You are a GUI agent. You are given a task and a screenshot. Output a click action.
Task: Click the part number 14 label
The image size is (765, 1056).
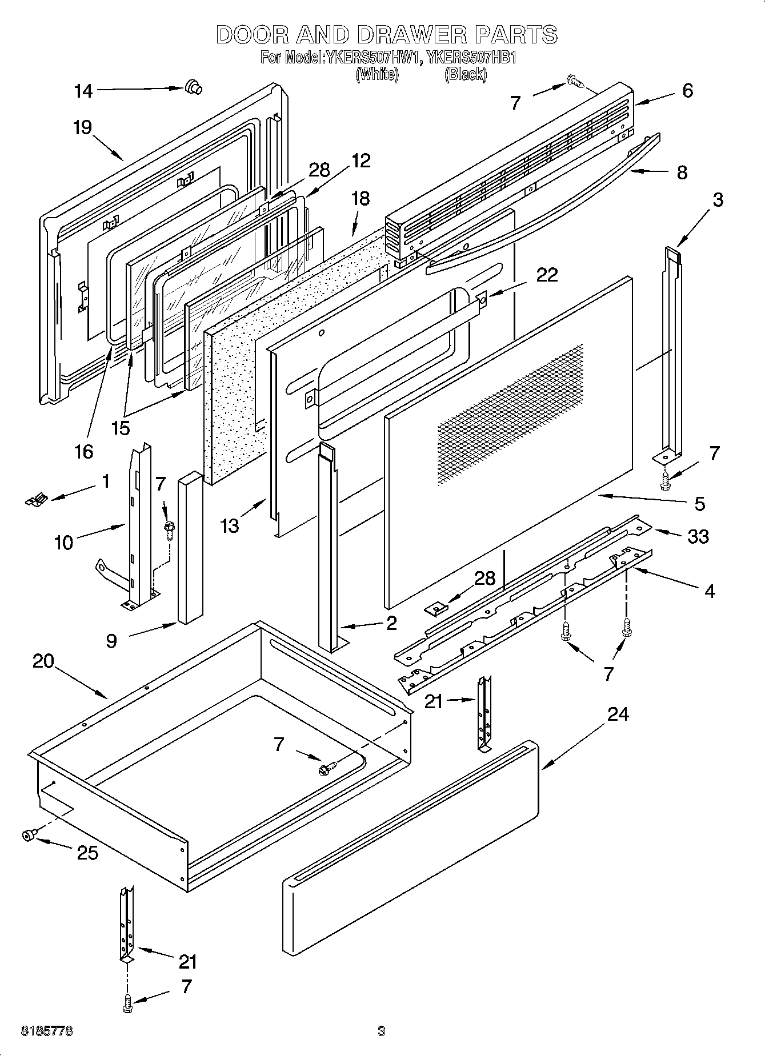pyautogui.click(x=83, y=91)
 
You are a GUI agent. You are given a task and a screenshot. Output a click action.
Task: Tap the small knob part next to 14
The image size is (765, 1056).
pyautogui.click(x=193, y=87)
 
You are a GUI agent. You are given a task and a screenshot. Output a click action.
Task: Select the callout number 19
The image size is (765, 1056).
pyautogui.click(x=82, y=127)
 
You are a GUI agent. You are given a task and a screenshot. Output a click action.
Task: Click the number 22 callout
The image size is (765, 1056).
pyautogui.click(x=547, y=275)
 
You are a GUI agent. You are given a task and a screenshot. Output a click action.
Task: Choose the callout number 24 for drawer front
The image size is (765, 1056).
pyautogui.click(x=618, y=714)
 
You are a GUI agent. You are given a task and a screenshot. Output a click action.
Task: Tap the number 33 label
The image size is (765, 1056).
pyautogui.click(x=698, y=536)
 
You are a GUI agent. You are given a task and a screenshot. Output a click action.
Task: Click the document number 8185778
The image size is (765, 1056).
pyautogui.click(x=46, y=1031)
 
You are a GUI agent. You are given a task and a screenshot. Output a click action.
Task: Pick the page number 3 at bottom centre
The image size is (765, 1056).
pyautogui.click(x=381, y=1031)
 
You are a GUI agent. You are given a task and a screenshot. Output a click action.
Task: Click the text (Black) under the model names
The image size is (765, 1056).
pyautogui.click(x=466, y=74)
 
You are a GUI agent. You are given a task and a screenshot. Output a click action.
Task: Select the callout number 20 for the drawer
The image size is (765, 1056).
pyautogui.click(x=43, y=661)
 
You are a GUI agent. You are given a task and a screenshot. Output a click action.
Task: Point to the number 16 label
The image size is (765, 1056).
pyautogui.click(x=83, y=451)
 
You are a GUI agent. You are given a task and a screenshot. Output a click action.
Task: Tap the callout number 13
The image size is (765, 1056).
pyautogui.click(x=229, y=525)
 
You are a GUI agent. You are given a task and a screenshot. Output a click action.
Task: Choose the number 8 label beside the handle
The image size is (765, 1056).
pyautogui.click(x=682, y=172)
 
